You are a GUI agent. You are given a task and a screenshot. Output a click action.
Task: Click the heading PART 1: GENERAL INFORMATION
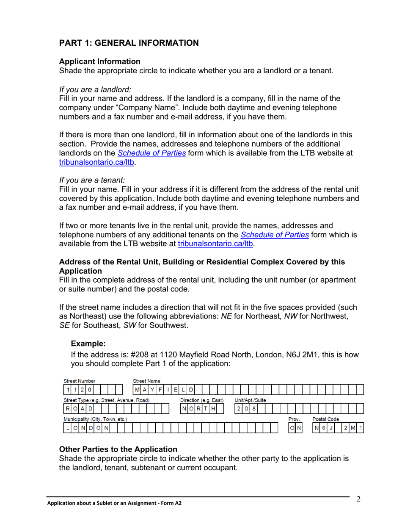pos(129,43)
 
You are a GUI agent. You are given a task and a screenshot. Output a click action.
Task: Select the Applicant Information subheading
pos(99,61)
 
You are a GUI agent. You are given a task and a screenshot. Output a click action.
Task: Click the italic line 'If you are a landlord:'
pos(95,89)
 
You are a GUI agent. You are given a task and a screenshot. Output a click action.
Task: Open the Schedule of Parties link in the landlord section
pos(151,153)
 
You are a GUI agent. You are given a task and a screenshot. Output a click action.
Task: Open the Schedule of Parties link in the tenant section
pos(274,235)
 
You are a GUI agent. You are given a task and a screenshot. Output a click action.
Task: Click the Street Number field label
pos(80,381)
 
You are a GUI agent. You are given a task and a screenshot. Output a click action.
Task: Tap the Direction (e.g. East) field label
pos(202,400)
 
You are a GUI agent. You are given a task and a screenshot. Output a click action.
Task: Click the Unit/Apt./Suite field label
pos(250,400)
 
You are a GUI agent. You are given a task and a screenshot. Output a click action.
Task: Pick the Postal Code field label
pos(326,419)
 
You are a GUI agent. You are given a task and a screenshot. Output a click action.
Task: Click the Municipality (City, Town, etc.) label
pos(95,419)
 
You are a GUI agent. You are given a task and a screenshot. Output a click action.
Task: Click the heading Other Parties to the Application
pos(118,449)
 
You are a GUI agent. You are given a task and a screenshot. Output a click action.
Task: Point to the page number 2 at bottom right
pos(358,499)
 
